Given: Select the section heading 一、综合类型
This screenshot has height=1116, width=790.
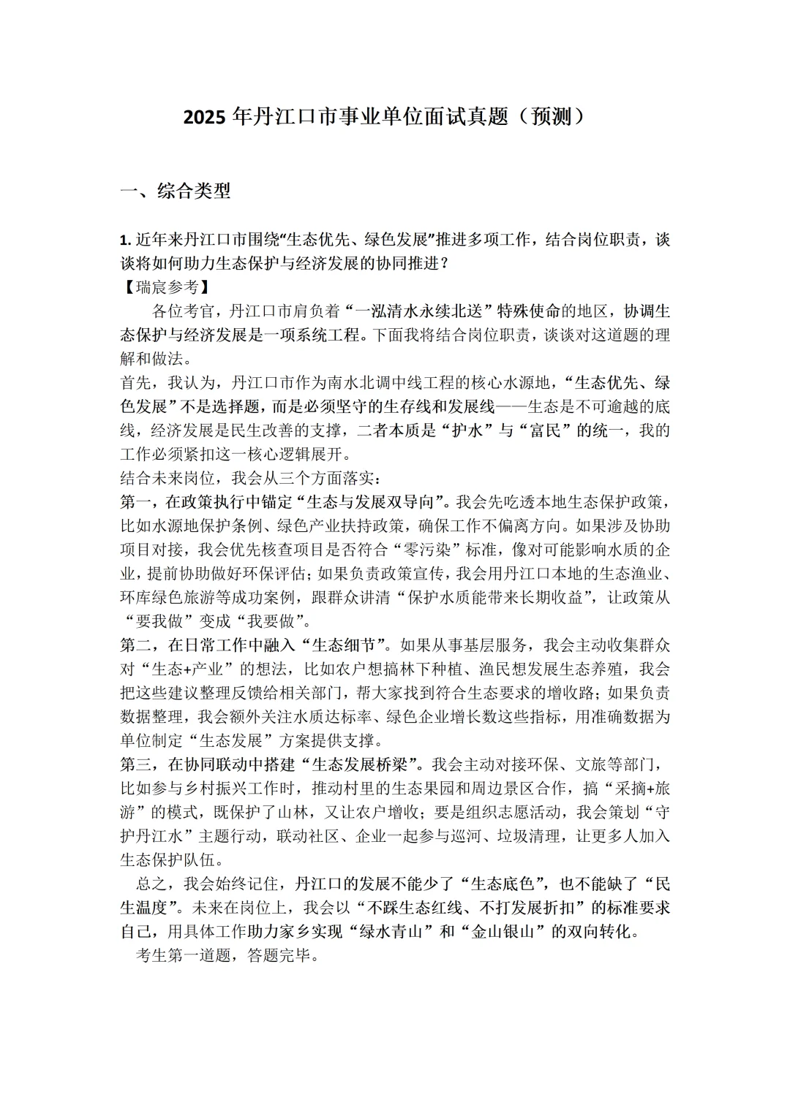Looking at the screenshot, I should point(176,191).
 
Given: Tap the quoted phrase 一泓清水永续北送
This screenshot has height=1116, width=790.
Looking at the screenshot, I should point(417,311).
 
